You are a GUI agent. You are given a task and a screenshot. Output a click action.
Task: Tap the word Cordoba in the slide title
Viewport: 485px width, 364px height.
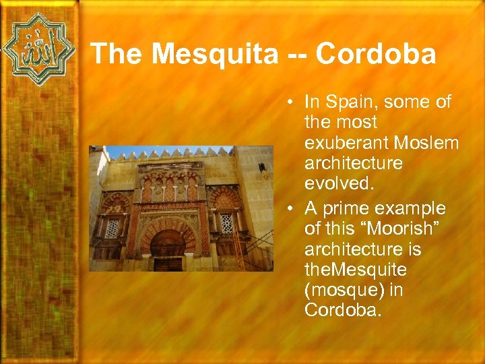point(376,55)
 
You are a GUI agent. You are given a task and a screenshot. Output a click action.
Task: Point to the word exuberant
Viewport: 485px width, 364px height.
point(347,143)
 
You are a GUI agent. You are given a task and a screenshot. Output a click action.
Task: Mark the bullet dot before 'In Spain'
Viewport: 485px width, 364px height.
point(288,103)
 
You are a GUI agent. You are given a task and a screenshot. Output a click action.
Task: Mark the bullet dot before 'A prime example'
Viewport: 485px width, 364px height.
point(288,209)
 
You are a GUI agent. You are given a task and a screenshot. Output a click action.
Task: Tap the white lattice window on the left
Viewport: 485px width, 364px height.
point(112,228)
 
